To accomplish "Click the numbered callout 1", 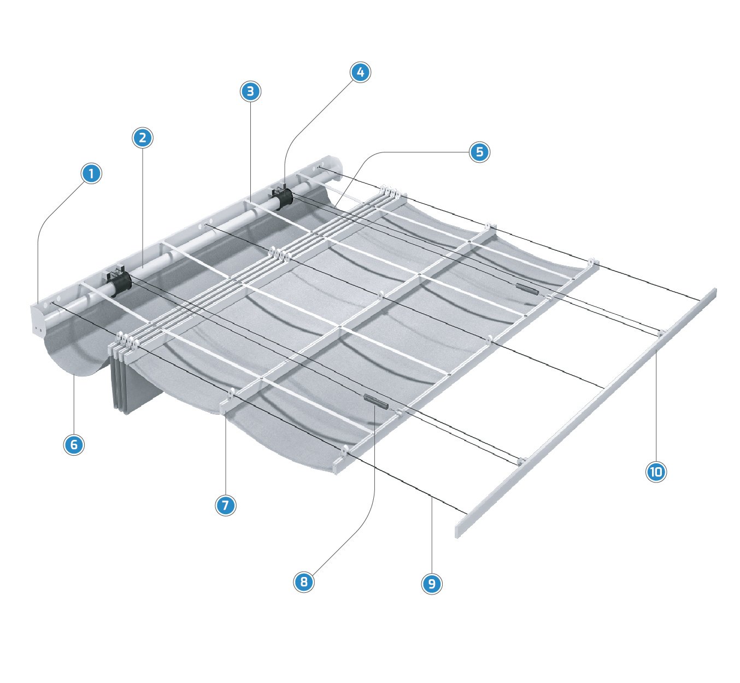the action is [x=91, y=173].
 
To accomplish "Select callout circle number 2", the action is [x=142, y=138].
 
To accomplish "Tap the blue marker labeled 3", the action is [x=250, y=91].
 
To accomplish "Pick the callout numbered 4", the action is [x=360, y=72].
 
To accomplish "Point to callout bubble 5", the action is [x=479, y=152].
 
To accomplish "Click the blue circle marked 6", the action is [x=74, y=445].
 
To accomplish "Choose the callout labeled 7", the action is [x=225, y=505].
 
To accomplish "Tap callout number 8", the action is [x=304, y=582].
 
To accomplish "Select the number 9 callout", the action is [x=432, y=584].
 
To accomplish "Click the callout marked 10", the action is [x=656, y=472].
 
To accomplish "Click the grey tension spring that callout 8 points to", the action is [x=375, y=401].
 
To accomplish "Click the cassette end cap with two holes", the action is [x=38, y=320].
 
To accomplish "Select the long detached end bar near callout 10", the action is [x=586, y=413].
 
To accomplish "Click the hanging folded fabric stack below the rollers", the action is [x=136, y=380].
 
